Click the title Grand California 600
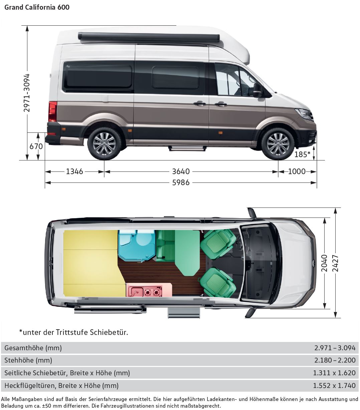coord(37,7)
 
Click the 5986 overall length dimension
coord(181,182)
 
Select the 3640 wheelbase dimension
coord(181,171)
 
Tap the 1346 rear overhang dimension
coord(74,171)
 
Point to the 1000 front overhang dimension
coord(297,171)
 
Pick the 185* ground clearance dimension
coord(303,154)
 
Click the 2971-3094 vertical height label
coord(27,93)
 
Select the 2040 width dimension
coord(324,263)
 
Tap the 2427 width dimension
coord(335,263)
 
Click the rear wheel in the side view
coord(104,144)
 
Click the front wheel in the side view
coord(278,144)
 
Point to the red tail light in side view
coord(52,111)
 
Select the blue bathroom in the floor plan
coord(137,245)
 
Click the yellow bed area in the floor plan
coord(90,264)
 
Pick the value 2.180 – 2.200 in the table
coord(335,360)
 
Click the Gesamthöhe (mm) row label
coord(33,348)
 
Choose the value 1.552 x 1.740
coord(334,386)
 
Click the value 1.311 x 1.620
coord(334,373)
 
